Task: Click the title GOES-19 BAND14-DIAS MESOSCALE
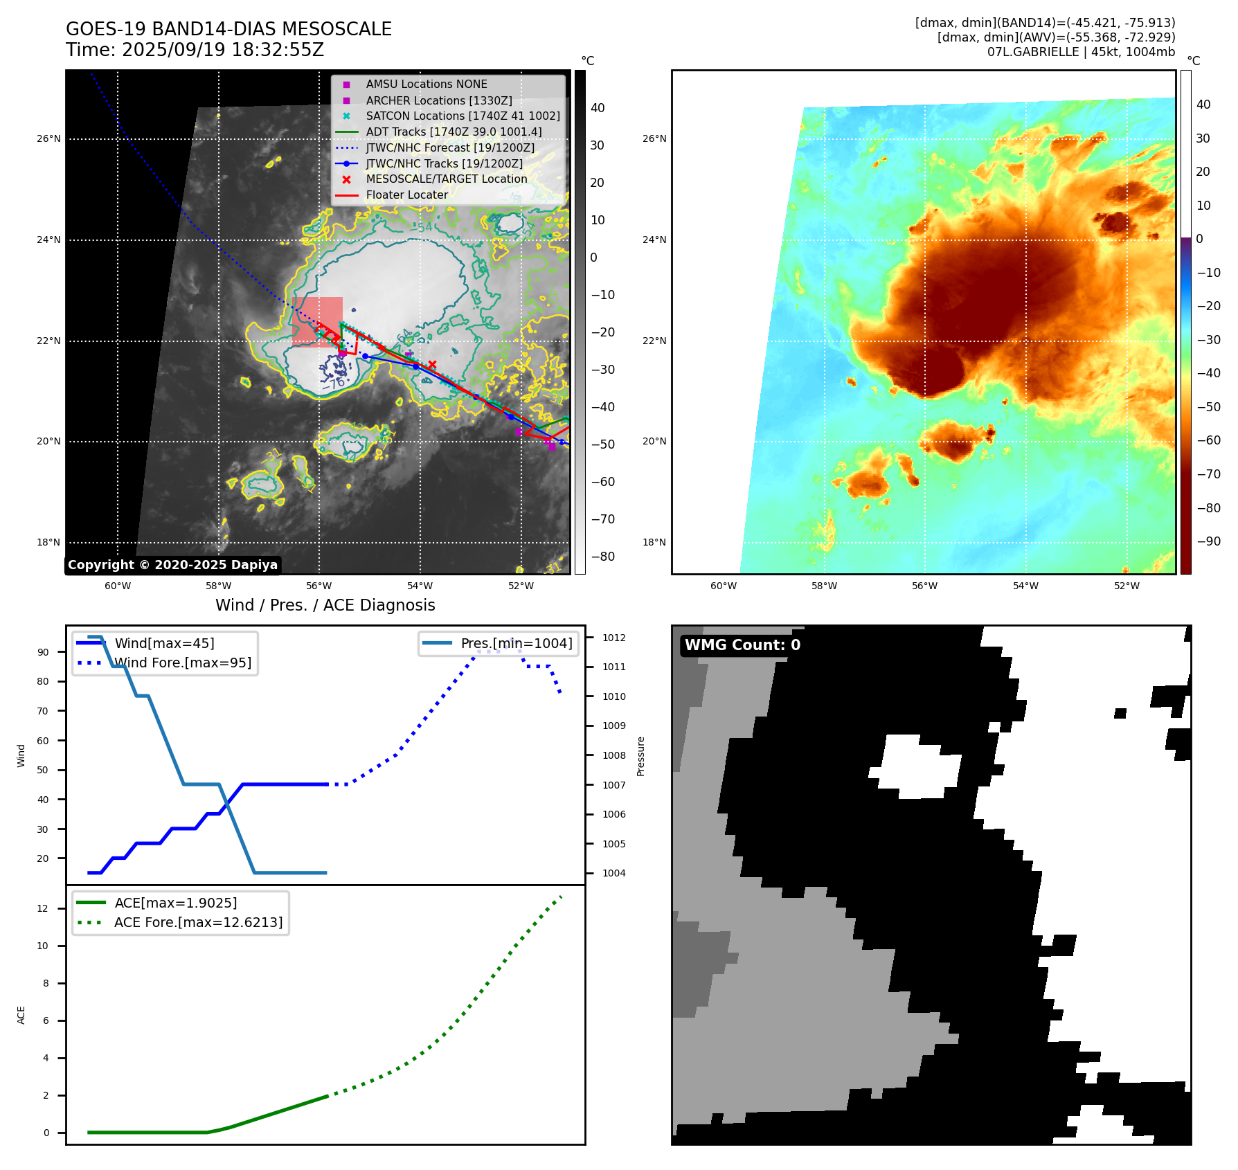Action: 228,29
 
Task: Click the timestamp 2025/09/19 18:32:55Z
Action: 223,50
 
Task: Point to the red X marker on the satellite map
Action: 432,364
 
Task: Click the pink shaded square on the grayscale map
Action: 317,321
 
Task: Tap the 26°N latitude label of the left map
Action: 48,138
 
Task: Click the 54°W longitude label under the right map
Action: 1025,586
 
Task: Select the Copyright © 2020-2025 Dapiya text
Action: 172,565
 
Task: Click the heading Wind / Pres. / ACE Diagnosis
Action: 325,605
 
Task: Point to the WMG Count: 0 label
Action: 742,645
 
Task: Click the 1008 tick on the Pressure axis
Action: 613,755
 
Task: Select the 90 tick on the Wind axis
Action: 43,652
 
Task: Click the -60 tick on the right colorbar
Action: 1208,440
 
